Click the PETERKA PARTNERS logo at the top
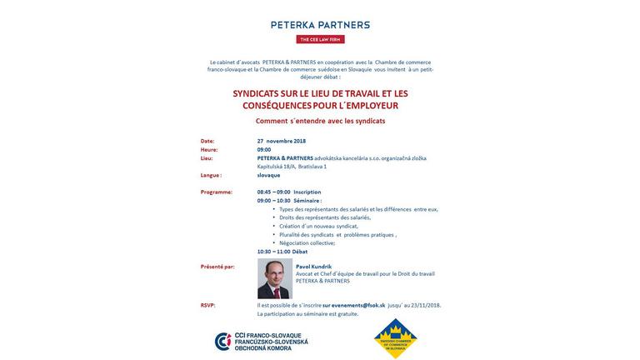320,25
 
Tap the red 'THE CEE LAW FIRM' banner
320,39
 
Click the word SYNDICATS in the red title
256,93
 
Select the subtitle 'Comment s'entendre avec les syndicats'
320,121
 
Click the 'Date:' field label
207,141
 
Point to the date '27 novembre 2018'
281,141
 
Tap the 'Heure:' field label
209,150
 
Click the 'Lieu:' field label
207,158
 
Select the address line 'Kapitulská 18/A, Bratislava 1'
292,167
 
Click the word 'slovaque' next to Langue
268,176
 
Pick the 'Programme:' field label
216,192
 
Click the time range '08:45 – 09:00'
273,192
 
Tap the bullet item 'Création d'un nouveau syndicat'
318,226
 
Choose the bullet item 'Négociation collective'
307,242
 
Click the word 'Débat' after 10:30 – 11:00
300,252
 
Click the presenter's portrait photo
274,278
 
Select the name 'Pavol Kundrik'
313,267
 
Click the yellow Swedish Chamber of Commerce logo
395,338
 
